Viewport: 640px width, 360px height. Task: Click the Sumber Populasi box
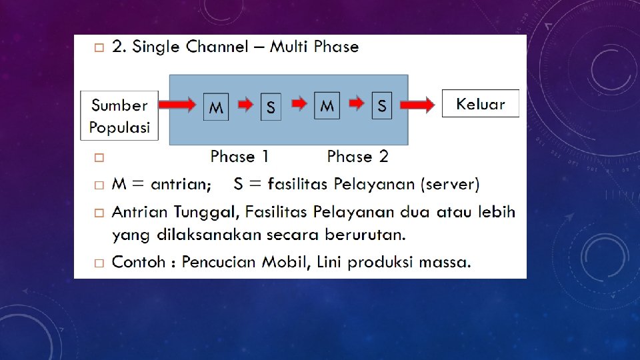(119, 115)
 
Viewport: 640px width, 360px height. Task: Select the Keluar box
(480, 104)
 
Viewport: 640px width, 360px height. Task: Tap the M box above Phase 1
(216, 107)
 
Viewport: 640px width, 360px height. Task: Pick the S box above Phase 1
(270, 107)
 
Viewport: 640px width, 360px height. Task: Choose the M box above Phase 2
(327, 105)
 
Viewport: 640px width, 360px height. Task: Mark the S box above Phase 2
(382, 105)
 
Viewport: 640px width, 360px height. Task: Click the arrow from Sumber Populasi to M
(177, 105)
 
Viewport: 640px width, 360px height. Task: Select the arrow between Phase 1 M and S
(246, 105)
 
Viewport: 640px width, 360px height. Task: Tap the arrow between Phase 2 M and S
(357, 103)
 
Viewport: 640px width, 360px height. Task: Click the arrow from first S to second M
(300, 103)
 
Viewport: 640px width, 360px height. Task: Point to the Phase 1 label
(239, 157)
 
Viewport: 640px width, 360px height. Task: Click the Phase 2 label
(357, 157)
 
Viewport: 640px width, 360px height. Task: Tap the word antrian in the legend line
(181, 184)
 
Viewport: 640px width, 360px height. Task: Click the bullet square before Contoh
(98, 262)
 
